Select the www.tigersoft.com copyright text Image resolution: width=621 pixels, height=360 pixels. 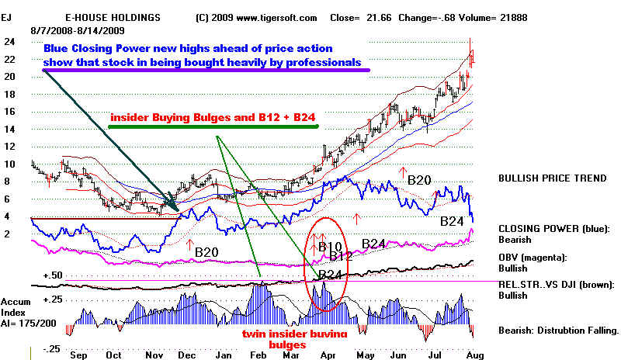[x=255, y=16]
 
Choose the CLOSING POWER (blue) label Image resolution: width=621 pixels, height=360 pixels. [x=554, y=229]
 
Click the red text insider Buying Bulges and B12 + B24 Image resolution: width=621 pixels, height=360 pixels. [x=214, y=118]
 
